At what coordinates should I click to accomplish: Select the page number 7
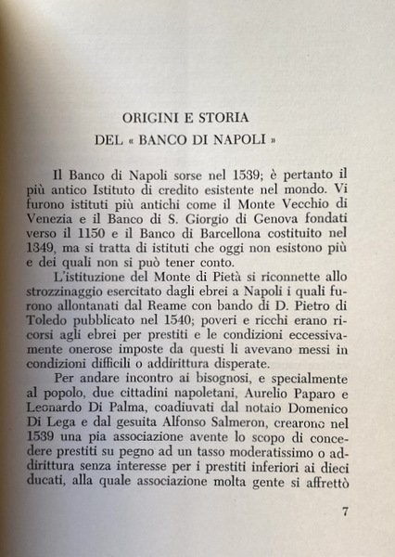[x=345, y=510]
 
